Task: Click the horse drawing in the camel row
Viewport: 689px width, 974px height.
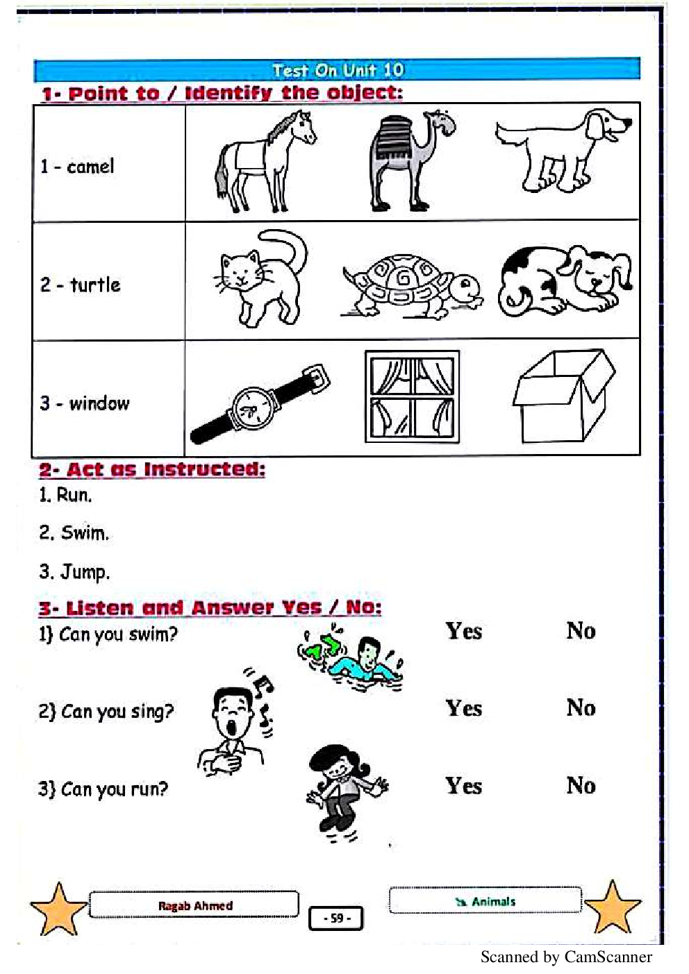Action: coord(265,162)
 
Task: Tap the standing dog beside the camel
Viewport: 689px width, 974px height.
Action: coord(564,150)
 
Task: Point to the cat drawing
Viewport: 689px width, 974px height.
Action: coord(261,278)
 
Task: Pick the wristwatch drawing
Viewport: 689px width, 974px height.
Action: coord(260,403)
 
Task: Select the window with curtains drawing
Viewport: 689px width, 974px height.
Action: coord(412,396)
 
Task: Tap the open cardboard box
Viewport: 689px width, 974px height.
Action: coord(564,396)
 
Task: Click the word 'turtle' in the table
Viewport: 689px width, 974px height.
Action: coord(95,285)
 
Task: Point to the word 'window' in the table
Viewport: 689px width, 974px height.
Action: coord(99,403)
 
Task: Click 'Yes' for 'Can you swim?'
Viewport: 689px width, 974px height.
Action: coord(464,631)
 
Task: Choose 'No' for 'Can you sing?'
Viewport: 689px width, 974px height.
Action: coord(581,708)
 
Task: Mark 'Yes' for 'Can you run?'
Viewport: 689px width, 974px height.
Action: coord(464,786)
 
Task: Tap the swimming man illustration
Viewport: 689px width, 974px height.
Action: coord(351,657)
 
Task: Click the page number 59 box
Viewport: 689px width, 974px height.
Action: coord(335,918)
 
